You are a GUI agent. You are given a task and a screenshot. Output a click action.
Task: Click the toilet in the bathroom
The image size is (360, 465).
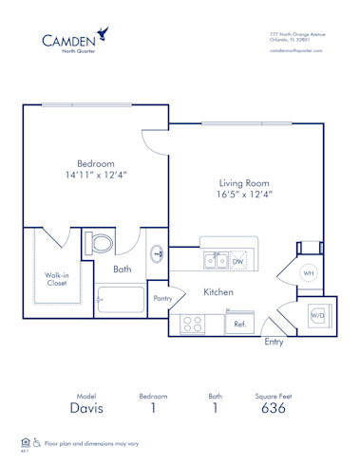pyautogui.click(x=99, y=245)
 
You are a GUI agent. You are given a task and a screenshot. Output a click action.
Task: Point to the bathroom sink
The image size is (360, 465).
pyautogui.click(x=157, y=253)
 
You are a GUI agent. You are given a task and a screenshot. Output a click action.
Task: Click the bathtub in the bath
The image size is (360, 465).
pyautogui.click(x=119, y=303)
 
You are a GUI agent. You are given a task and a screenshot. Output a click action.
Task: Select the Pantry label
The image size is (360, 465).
pyautogui.click(x=162, y=298)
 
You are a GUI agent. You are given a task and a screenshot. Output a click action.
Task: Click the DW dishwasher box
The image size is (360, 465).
pyautogui.click(x=238, y=261)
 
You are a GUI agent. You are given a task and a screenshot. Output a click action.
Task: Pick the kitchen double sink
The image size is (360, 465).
pyautogui.click(x=216, y=261)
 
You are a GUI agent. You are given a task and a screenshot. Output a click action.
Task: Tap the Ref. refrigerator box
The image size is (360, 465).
pyautogui.click(x=238, y=325)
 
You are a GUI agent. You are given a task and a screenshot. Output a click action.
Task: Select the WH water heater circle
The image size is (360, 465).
pyautogui.click(x=309, y=273)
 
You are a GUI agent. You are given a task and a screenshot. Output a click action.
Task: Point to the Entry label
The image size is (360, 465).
pyautogui.click(x=274, y=342)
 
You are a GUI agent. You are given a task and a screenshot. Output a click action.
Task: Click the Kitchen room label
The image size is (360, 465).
pyautogui.click(x=218, y=292)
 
